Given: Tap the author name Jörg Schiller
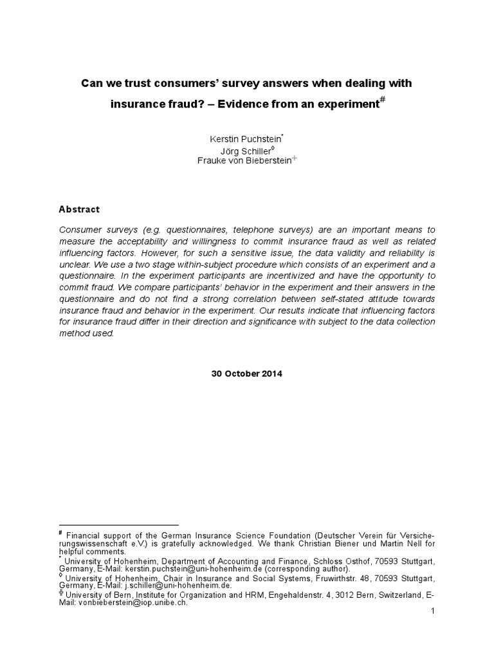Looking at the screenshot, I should [245, 151].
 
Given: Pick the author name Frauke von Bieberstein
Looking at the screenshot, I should [244, 161].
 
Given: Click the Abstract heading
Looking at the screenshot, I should [79, 209].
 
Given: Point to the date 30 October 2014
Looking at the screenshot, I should [247, 373].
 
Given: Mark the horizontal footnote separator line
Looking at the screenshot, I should [118, 525].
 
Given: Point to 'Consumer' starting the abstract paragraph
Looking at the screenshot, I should [78, 229].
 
